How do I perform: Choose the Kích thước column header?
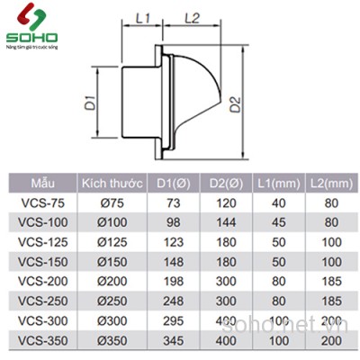click(112, 183)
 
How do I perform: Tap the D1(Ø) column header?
click(173, 183)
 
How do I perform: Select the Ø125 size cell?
click(112, 242)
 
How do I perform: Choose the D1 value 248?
click(173, 301)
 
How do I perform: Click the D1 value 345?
click(173, 341)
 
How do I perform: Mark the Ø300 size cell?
click(112, 321)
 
